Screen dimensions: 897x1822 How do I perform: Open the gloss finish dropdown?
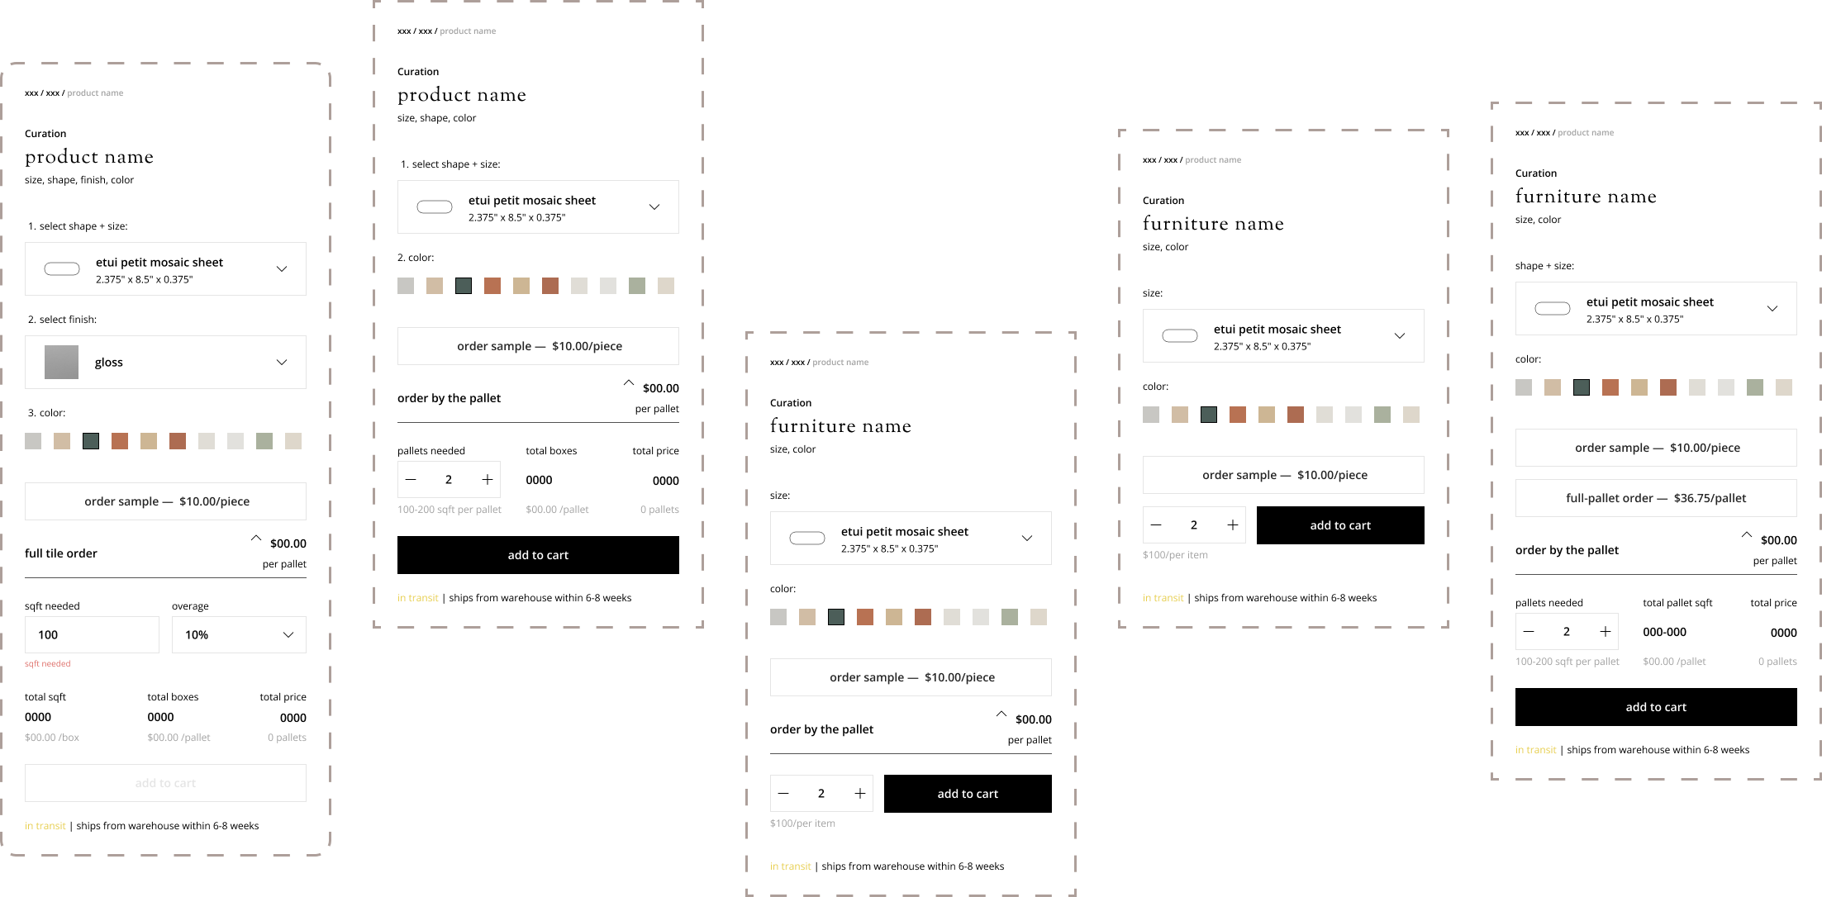[x=165, y=362]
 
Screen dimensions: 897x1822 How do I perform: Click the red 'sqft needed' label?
[x=48, y=664]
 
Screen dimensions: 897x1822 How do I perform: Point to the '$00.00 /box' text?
[x=52, y=738]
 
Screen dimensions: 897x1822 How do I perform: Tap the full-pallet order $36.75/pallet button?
[x=1655, y=498]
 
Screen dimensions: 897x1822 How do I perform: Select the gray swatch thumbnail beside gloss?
[x=61, y=362]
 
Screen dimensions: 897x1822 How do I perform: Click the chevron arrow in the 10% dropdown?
[x=288, y=634]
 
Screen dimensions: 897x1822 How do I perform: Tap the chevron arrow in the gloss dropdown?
[x=282, y=362]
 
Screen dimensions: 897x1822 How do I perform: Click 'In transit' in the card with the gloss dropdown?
[x=45, y=826]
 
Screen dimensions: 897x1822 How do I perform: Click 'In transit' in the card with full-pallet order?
[x=1535, y=750]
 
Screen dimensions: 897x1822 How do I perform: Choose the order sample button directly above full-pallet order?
[x=1655, y=448]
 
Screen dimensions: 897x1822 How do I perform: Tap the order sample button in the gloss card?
[x=165, y=501]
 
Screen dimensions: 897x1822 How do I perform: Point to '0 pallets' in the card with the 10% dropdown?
[x=287, y=738]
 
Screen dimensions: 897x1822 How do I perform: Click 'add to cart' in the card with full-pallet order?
[x=1655, y=707]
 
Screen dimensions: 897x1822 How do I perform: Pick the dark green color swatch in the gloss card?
[x=91, y=441]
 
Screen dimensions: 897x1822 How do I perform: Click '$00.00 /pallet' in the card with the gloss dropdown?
[x=178, y=738]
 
